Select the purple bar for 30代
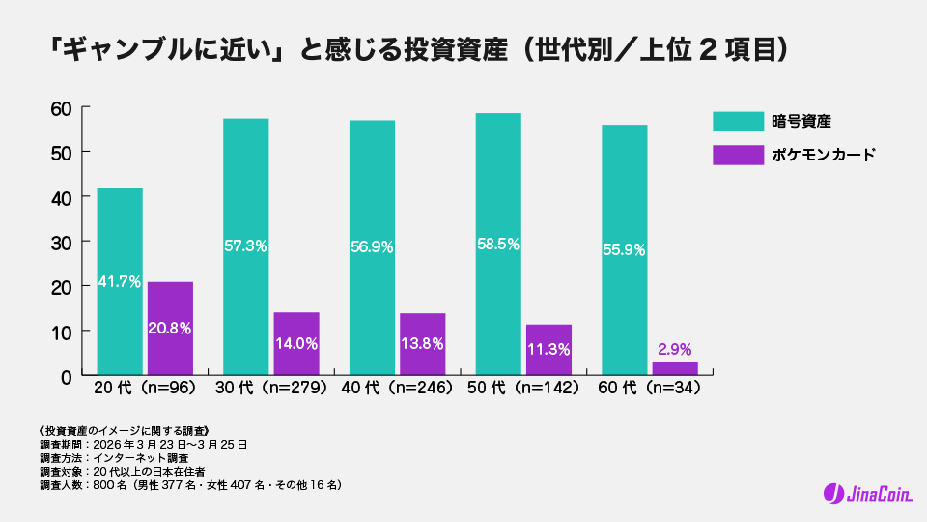[x=295, y=343]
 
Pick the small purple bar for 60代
[x=674, y=368]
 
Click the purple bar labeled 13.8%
[x=422, y=344]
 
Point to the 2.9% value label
[x=674, y=348]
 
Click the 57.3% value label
[x=245, y=246]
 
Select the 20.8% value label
[x=169, y=328]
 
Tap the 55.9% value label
[x=624, y=248]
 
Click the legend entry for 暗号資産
[x=801, y=121]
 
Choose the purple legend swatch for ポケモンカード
[x=738, y=155]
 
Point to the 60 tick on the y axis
[x=62, y=107]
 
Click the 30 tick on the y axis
[x=62, y=242]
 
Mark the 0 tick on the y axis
[x=67, y=376]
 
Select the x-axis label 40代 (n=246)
[x=397, y=388]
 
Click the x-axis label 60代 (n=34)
[x=649, y=388]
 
